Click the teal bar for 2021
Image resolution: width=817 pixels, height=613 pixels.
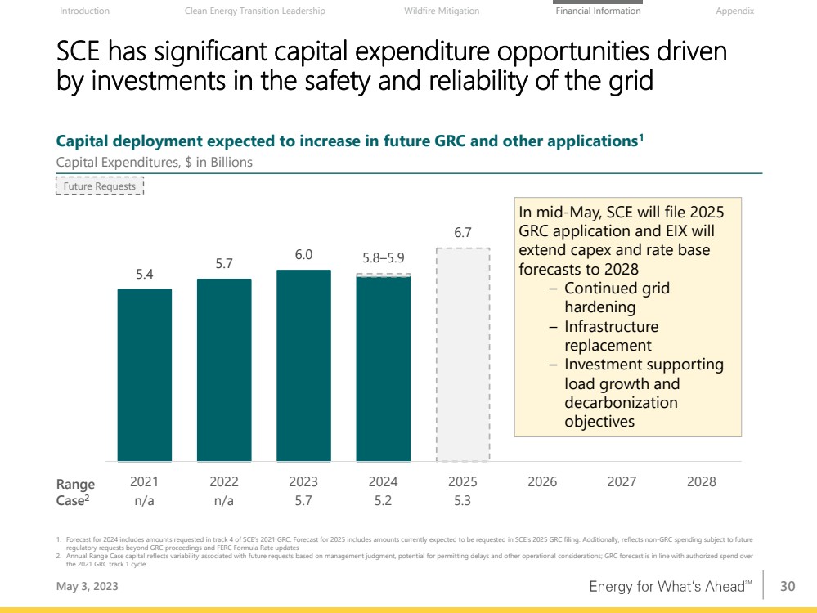tap(145, 374)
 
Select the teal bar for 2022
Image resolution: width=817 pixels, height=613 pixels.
tap(224, 369)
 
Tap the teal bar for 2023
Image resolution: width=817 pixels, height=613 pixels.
tap(303, 365)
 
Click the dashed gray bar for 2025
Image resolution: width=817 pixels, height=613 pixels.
tap(463, 355)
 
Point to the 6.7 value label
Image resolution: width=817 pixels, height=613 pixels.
tap(463, 233)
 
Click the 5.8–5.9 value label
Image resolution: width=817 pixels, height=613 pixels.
tap(383, 258)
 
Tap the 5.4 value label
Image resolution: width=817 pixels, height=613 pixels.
tap(145, 275)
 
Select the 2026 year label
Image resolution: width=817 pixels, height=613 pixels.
tap(542, 481)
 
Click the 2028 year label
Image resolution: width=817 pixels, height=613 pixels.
tap(701, 481)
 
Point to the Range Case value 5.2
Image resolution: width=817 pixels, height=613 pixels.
tap(383, 501)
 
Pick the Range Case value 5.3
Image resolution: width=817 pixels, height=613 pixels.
tap(462, 501)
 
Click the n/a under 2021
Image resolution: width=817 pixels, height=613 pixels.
tap(145, 501)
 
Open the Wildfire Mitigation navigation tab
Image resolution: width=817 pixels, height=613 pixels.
tap(442, 11)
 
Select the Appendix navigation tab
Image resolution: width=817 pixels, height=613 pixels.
tap(734, 11)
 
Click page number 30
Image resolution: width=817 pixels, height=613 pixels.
tap(788, 586)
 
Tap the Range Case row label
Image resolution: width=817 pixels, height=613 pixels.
tap(75, 492)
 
